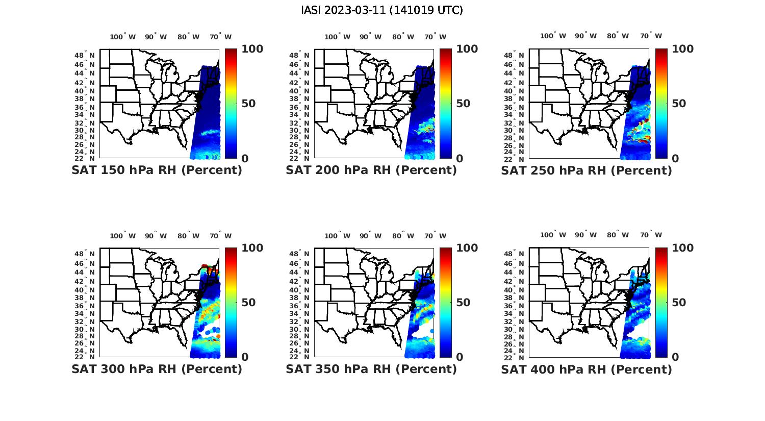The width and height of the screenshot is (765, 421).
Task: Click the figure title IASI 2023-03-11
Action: [x=382, y=10]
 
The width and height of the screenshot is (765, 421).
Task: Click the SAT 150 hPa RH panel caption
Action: [x=157, y=170]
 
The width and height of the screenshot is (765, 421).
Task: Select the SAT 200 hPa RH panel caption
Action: [x=371, y=170]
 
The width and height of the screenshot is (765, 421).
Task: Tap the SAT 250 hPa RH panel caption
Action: [x=586, y=170]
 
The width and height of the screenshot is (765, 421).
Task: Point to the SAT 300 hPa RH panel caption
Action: [x=157, y=369]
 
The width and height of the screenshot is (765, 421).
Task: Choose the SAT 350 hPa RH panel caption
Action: [x=371, y=369]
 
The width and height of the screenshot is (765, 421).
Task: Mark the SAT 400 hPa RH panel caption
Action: [x=586, y=369]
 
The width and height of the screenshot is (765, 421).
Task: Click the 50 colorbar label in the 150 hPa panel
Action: [x=248, y=104]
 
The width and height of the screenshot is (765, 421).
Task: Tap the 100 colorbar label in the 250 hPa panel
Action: [x=682, y=49]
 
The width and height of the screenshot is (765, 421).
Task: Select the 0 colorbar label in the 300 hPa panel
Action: [x=245, y=357]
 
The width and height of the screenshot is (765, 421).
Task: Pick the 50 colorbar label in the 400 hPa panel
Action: [x=679, y=303]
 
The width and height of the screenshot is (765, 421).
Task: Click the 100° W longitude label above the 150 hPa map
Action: [x=123, y=37]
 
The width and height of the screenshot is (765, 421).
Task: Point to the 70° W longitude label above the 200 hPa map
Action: [x=435, y=37]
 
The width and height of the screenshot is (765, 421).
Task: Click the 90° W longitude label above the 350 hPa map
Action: [x=370, y=236]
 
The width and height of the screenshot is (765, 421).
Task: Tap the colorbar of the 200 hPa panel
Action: [x=446, y=104]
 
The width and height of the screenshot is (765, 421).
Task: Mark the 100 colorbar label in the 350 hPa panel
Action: [x=467, y=248]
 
